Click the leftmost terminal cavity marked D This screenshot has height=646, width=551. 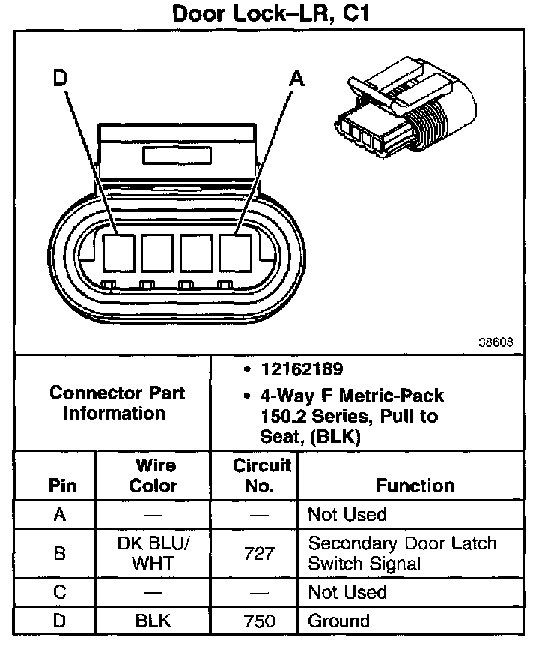pos(118,251)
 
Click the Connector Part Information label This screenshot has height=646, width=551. pos(117,403)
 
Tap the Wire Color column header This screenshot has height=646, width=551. pos(153,475)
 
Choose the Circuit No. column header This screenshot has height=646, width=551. pos(260,475)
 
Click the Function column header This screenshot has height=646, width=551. pos(415,486)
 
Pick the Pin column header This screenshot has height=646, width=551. pos(62,486)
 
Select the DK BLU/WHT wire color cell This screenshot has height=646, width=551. pos(153,553)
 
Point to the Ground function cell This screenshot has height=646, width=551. pos(338,621)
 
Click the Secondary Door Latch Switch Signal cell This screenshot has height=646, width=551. pos(403,553)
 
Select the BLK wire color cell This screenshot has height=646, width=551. pos(153,621)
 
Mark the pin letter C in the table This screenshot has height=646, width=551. pos(60,592)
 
